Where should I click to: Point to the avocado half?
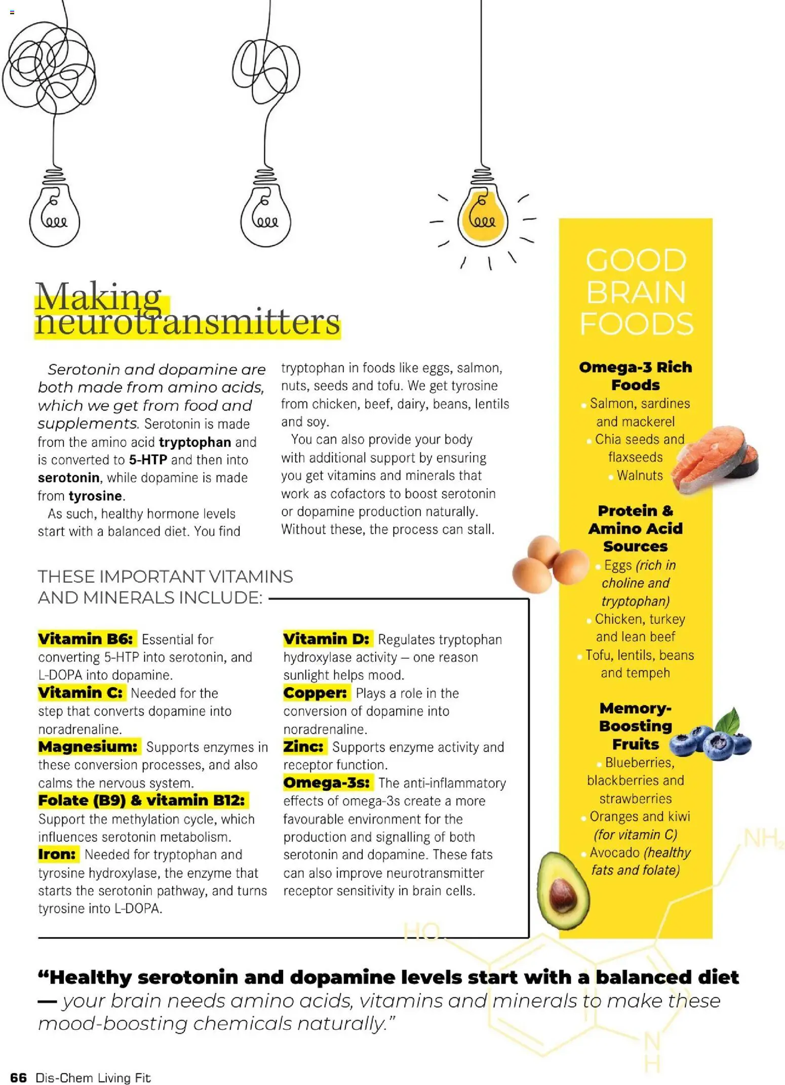point(562,890)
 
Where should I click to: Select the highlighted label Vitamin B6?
point(86,639)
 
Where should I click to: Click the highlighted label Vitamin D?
point(326,639)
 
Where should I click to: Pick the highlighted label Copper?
point(315,693)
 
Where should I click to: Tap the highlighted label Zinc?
point(303,746)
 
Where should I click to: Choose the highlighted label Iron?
point(57,854)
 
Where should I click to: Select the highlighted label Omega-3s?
point(327,782)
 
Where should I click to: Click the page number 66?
point(18,1077)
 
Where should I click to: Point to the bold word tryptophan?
point(195,442)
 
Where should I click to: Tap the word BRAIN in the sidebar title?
point(636,292)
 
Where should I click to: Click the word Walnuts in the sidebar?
point(640,475)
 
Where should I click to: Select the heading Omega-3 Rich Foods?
point(635,376)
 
